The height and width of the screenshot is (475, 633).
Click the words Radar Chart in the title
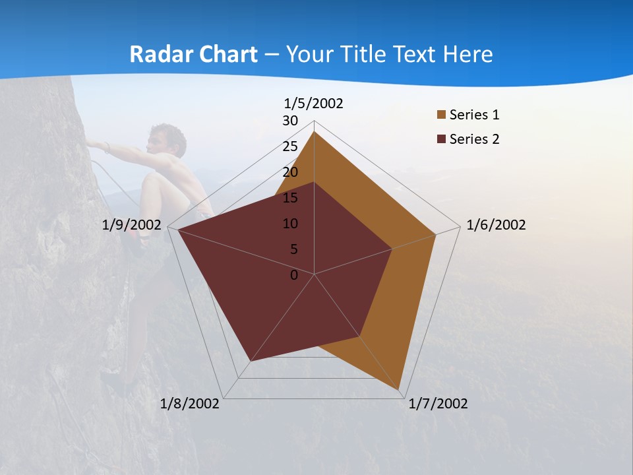pyautogui.click(x=193, y=54)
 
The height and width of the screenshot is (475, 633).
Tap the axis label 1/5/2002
pyautogui.click(x=314, y=103)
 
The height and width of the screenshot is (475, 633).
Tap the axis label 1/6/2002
pyautogui.click(x=496, y=225)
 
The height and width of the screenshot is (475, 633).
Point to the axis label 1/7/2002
pyautogui.click(x=438, y=404)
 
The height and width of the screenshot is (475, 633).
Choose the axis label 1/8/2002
pyautogui.click(x=190, y=404)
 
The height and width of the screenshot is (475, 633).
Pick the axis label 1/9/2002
pyautogui.click(x=132, y=225)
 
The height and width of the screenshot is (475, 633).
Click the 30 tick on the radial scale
pyautogui.click(x=290, y=121)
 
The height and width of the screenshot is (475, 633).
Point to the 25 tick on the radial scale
pyautogui.click(x=290, y=146)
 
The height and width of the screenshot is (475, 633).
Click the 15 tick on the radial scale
pyautogui.click(x=290, y=198)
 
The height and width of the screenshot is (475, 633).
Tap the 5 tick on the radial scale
pyautogui.click(x=294, y=249)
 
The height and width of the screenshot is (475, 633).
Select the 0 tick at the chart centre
pyautogui.click(x=294, y=275)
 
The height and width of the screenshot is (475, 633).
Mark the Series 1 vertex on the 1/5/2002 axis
pyautogui.click(x=315, y=131)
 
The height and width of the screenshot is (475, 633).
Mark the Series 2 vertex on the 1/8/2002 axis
pyautogui.click(x=250, y=362)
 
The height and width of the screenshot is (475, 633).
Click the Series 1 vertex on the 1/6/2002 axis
pyautogui.click(x=436, y=234)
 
